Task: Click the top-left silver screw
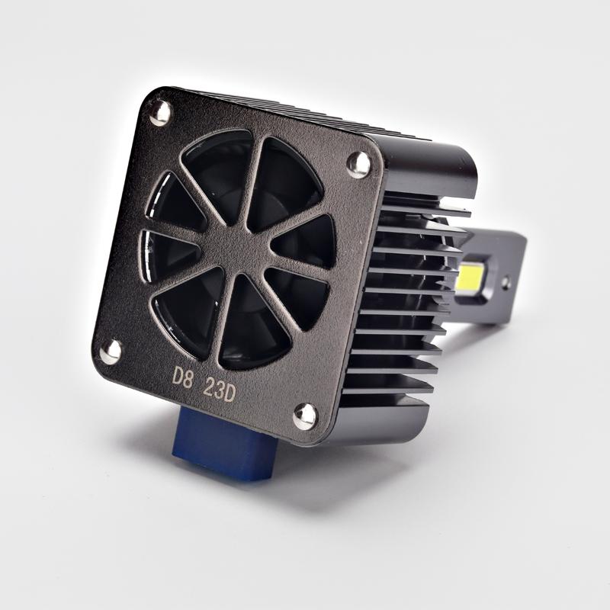tap(160, 113)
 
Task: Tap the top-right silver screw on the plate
tap(358, 163)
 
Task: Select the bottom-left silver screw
tap(111, 351)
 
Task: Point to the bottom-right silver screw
tap(306, 416)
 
